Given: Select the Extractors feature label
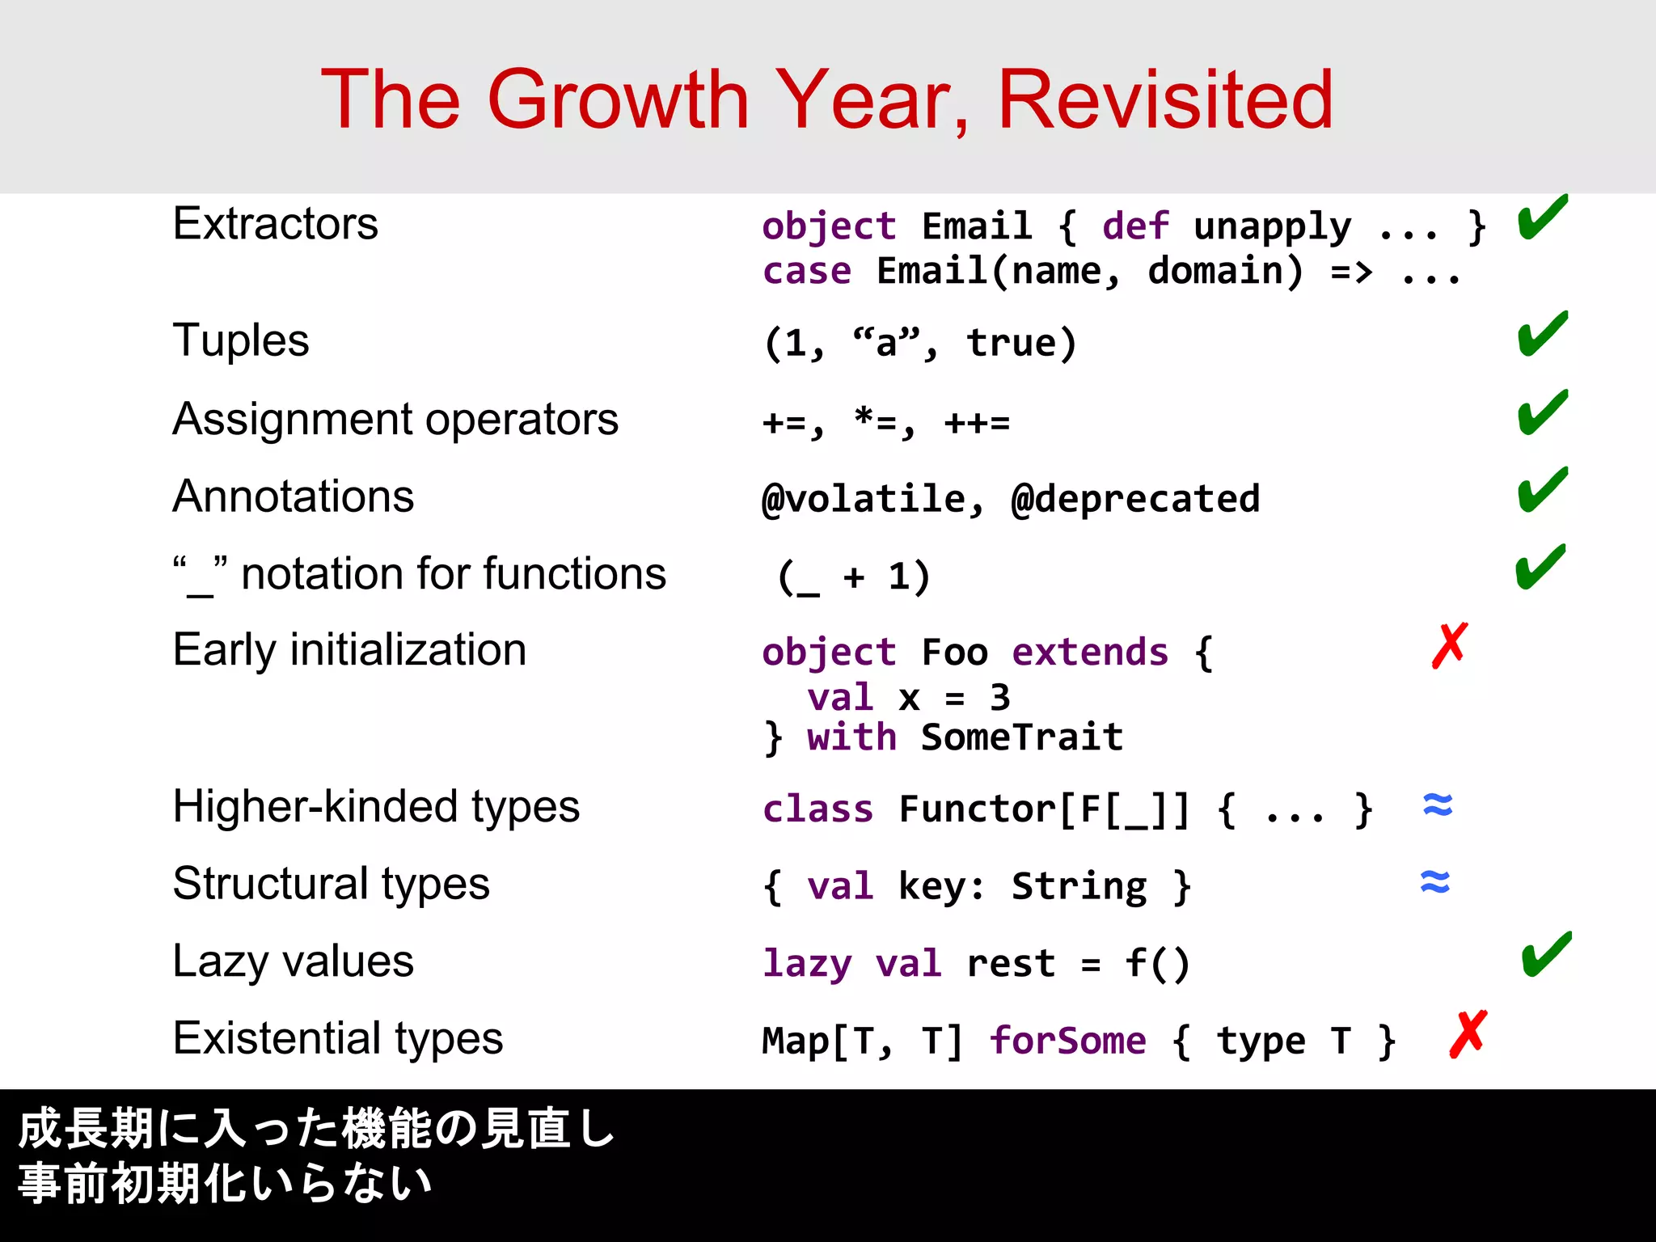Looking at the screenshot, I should tap(275, 224).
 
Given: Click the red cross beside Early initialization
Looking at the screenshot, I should tap(1449, 646).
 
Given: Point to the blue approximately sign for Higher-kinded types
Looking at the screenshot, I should tap(1438, 805).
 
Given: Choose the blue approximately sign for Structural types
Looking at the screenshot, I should tap(1435, 881).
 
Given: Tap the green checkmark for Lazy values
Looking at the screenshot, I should tap(1546, 955).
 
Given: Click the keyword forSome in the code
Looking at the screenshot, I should tap(1067, 1041).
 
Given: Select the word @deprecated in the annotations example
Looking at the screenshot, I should tap(1135, 499).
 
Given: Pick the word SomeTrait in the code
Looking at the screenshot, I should tap(1022, 737).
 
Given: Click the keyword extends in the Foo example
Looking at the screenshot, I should tap(1090, 653).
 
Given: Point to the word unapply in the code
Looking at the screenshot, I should tap(1272, 227).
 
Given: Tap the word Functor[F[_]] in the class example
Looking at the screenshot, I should tap(1044, 809).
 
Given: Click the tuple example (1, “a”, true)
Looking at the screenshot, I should tap(920, 344).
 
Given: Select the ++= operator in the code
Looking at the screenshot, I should tap(977, 423).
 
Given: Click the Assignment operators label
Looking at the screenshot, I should tap(395, 420).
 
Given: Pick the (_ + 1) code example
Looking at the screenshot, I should tap(854, 577).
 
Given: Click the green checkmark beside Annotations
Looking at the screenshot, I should tap(1542, 491).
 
